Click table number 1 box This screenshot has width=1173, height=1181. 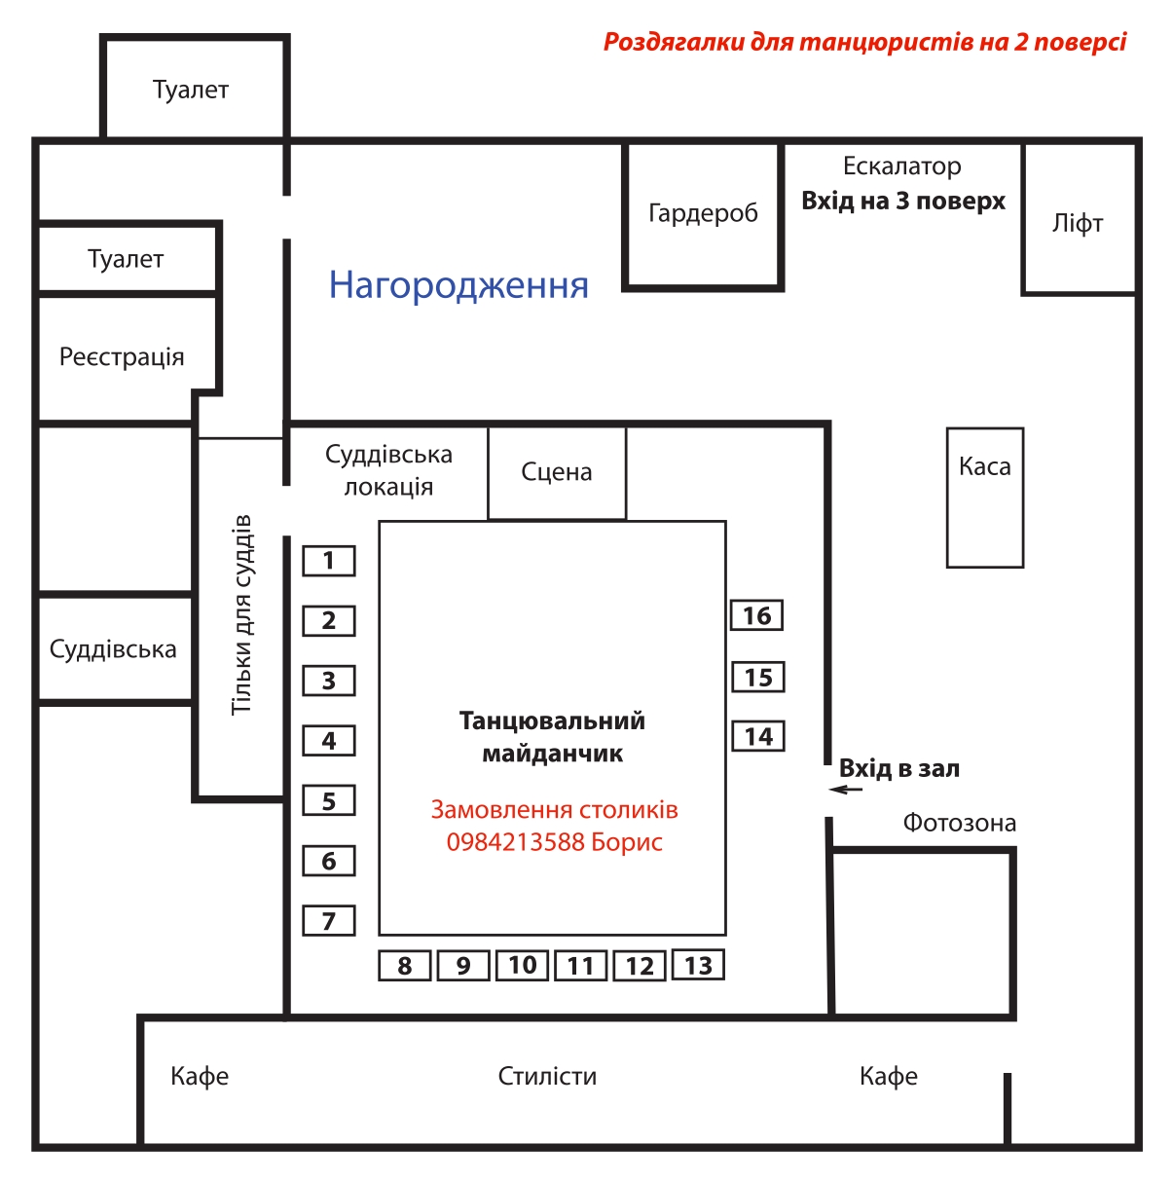328,561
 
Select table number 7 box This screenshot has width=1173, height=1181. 328,920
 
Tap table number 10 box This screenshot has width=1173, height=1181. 522,965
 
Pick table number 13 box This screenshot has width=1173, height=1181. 698,965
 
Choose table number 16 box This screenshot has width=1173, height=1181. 756,615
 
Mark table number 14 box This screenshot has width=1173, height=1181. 758,736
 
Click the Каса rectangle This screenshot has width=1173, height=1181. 984,498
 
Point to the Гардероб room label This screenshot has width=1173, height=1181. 703,213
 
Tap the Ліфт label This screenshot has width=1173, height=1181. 1078,223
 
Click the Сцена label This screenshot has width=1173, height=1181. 557,472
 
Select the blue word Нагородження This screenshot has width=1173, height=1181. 458,285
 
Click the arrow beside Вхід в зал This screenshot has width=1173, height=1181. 846,790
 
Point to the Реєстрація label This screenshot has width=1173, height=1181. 122,357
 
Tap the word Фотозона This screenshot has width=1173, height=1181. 959,823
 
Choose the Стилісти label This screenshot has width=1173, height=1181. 547,1076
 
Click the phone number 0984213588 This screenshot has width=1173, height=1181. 515,842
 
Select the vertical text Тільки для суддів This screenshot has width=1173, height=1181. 240,614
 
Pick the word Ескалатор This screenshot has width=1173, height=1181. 901,166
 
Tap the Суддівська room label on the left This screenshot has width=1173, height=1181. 113,648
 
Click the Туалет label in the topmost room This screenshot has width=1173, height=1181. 191,91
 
